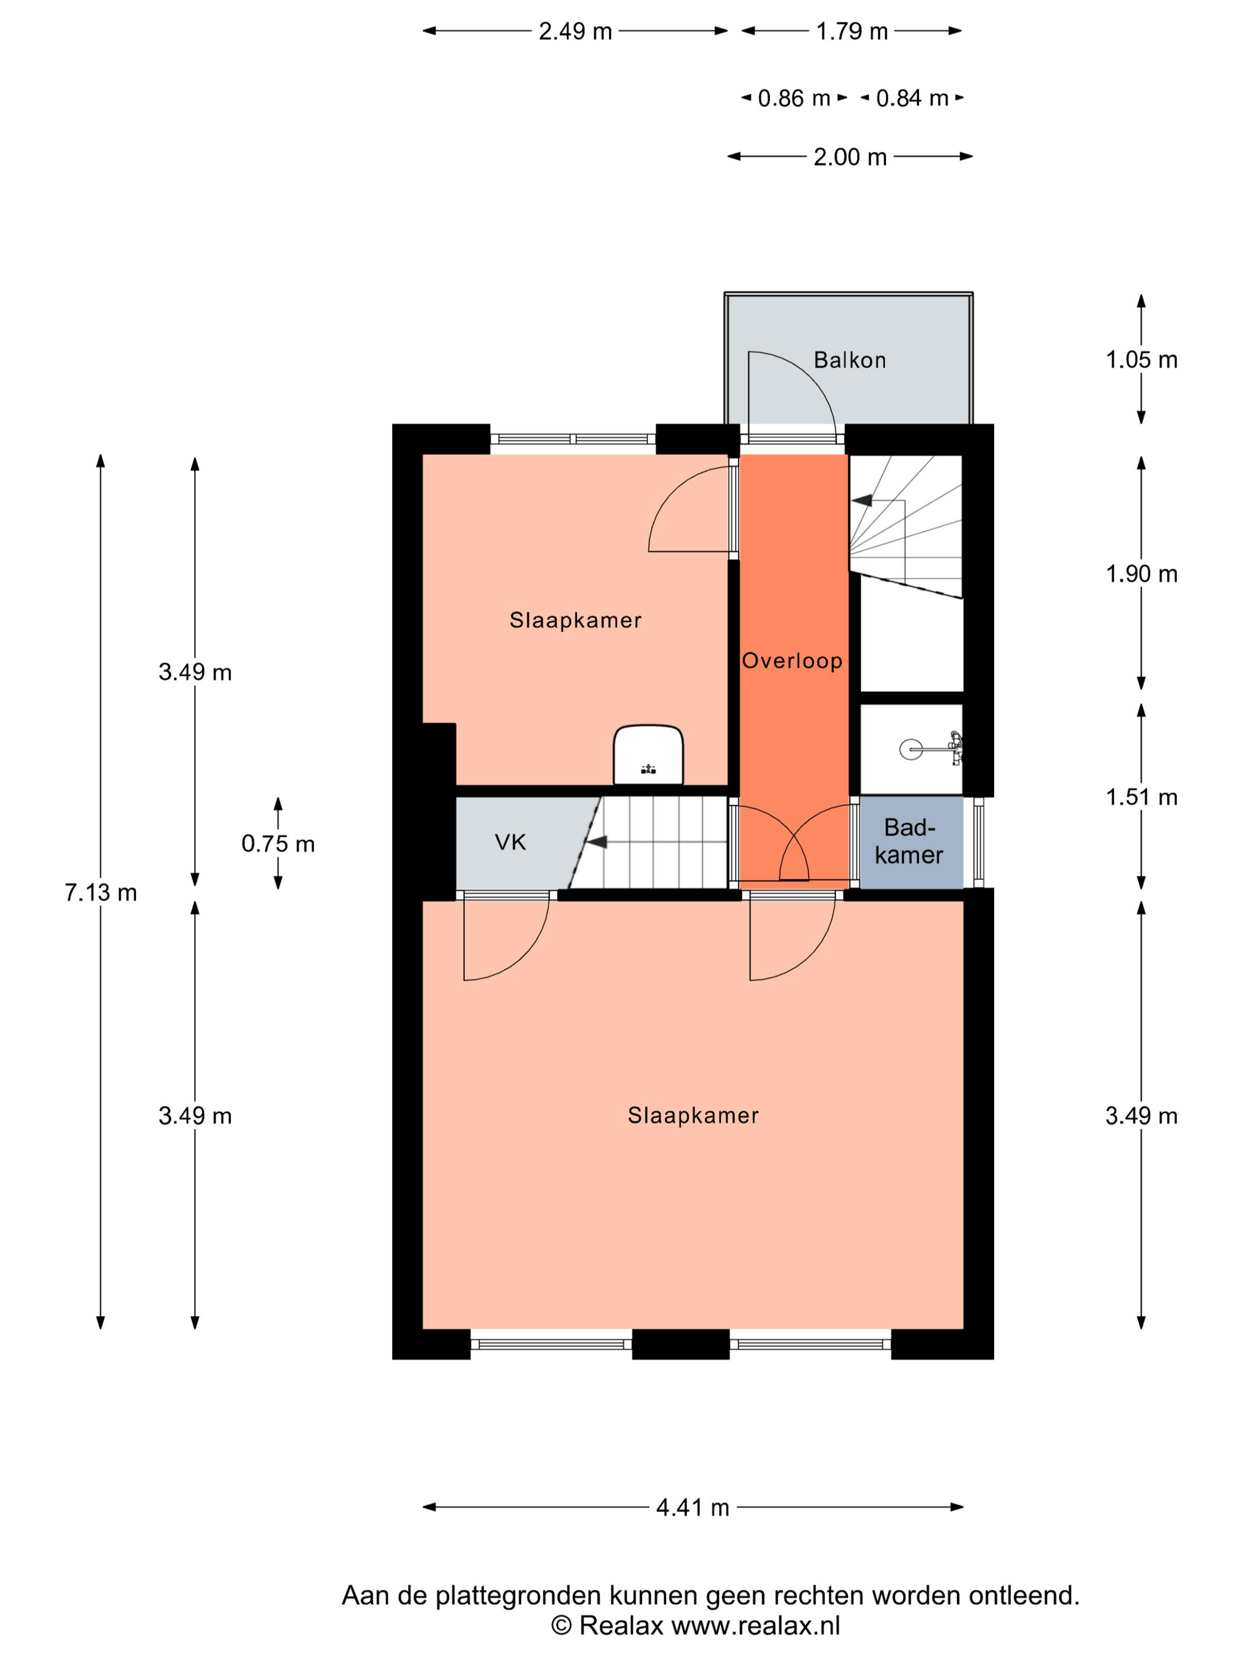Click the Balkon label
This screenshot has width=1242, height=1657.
(x=850, y=360)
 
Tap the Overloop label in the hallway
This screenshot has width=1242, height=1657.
(x=792, y=660)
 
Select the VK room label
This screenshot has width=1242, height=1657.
(x=510, y=842)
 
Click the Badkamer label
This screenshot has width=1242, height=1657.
(x=909, y=842)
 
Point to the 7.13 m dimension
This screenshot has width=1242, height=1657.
(x=101, y=893)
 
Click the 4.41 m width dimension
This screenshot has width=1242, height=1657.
(x=693, y=1507)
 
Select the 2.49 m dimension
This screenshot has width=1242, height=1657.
(x=575, y=31)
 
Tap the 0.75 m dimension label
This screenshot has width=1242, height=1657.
(x=278, y=844)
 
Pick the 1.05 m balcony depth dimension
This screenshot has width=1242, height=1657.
(x=1141, y=360)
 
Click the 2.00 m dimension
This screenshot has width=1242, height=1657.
(x=850, y=157)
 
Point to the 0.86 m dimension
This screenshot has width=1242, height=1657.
(x=794, y=98)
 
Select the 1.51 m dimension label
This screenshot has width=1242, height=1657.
(x=1141, y=797)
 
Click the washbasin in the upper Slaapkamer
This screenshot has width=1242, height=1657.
(x=648, y=755)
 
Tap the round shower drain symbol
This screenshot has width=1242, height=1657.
(x=911, y=749)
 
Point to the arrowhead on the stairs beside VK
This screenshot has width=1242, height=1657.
(x=596, y=843)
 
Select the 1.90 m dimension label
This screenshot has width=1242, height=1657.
(x=1141, y=574)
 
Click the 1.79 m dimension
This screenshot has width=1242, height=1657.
(x=852, y=31)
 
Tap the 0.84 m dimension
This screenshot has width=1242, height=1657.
(x=912, y=98)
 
